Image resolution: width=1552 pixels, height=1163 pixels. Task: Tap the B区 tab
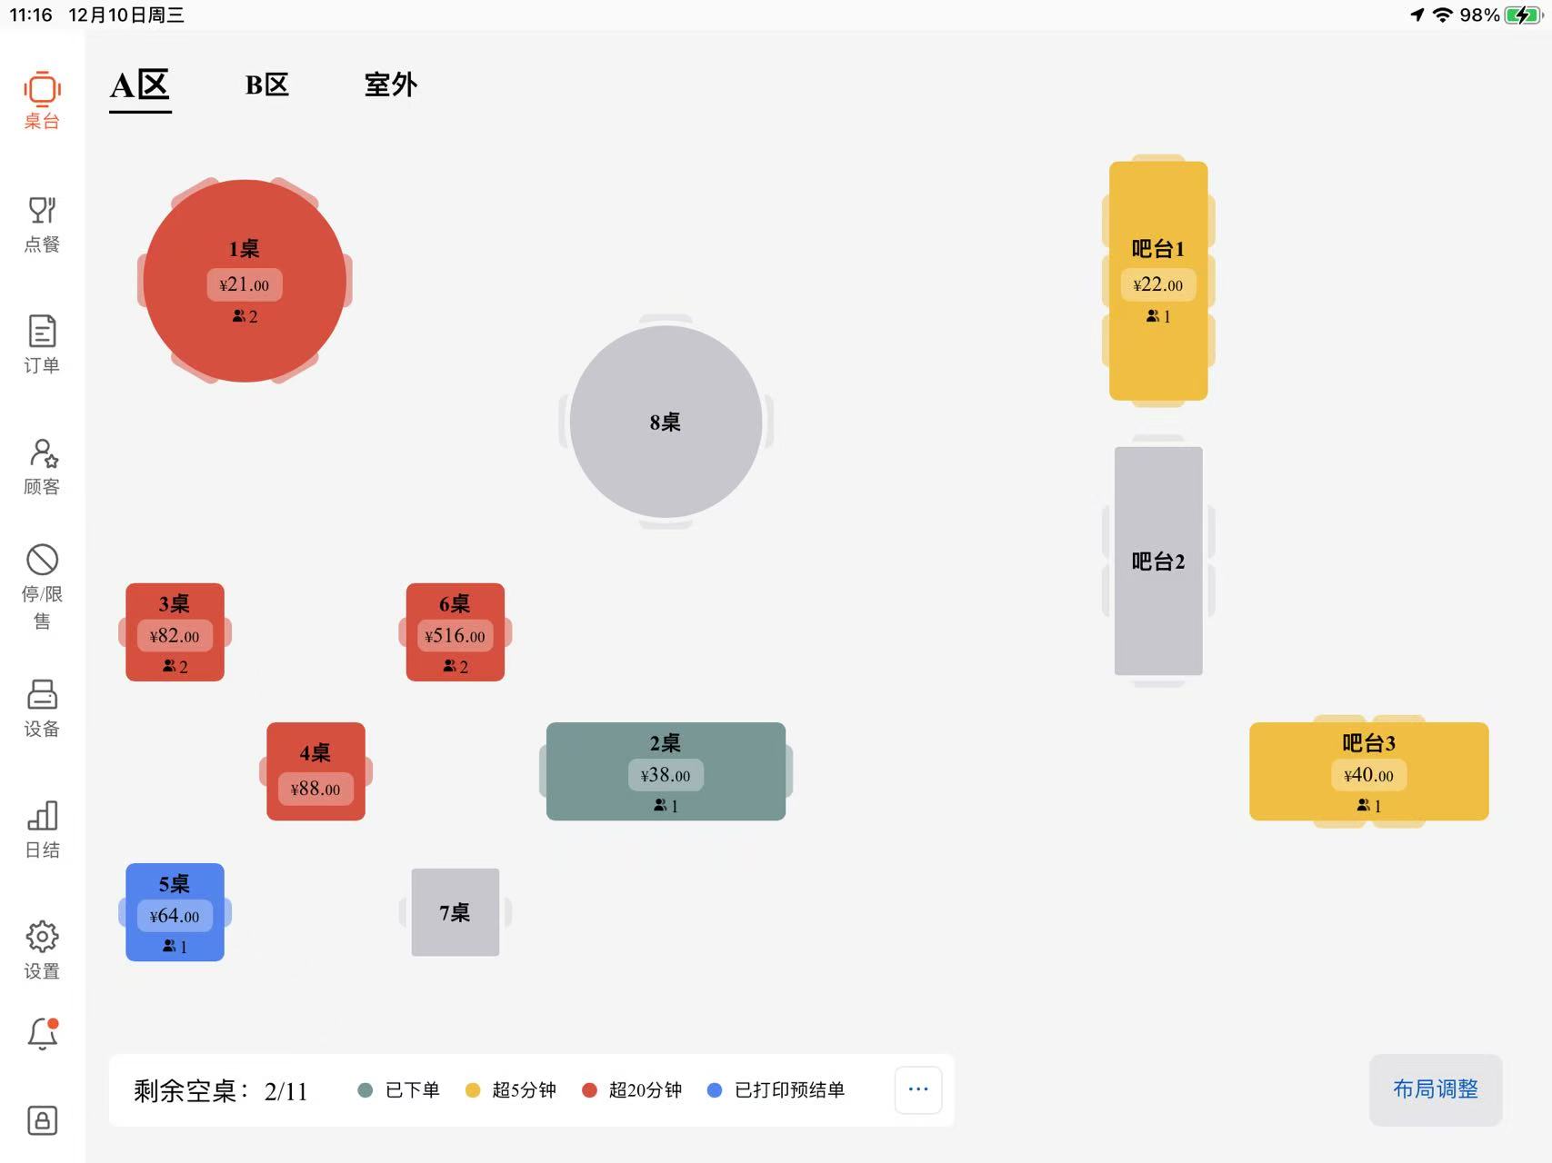click(x=266, y=85)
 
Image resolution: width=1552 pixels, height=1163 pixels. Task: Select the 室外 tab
click(x=390, y=85)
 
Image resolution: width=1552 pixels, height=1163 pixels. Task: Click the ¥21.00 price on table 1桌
click(x=245, y=285)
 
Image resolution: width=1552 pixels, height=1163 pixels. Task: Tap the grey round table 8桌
click(x=666, y=422)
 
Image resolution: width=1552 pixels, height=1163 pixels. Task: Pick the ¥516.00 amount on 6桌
click(x=455, y=636)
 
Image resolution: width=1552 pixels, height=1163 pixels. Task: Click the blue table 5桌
click(x=175, y=911)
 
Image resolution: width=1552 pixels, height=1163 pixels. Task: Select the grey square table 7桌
click(x=455, y=912)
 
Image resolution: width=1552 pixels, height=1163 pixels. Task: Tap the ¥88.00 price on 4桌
click(x=315, y=790)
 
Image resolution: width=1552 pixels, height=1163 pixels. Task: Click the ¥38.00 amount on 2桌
click(x=666, y=776)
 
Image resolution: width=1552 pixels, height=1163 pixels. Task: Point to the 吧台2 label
click(x=1157, y=562)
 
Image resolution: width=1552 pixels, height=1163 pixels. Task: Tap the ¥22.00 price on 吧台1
click(x=1157, y=285)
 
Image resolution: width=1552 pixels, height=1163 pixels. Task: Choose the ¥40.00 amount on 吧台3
click(x=1368, y=776)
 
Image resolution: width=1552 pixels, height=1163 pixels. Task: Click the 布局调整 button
click(x=1435, y=1089)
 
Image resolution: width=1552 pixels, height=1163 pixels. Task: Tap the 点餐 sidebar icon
click(x=42, y=211)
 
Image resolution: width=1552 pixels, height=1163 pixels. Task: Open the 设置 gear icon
click(x=42, y=937)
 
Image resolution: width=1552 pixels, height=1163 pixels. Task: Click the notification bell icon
click(x=42, y=1034)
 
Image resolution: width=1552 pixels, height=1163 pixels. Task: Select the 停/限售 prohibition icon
click(x=42, y=560)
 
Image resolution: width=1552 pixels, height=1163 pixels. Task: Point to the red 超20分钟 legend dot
click(x=589, y=1090)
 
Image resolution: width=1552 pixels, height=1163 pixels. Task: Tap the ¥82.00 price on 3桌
click(x=175, y=636)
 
